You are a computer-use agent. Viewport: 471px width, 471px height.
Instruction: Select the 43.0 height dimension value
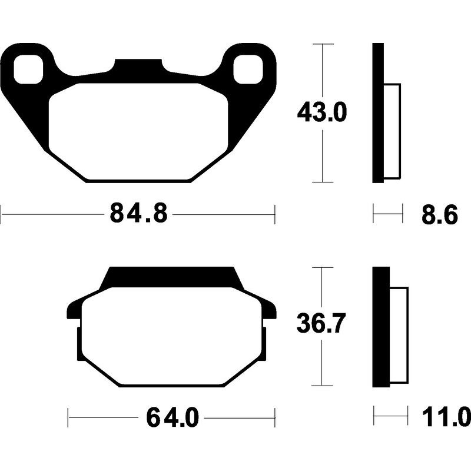[323, 112]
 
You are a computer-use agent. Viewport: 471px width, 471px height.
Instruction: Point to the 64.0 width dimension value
[172, 419]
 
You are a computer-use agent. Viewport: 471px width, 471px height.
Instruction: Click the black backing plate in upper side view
[378, 113]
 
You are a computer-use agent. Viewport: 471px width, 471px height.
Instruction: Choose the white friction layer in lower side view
[399, 333]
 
